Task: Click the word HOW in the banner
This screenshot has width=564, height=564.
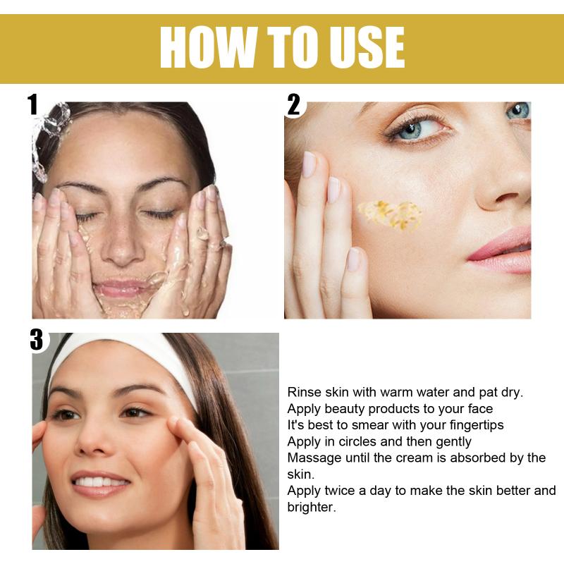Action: pos(209,47)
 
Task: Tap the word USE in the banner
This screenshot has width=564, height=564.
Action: pos(367,47)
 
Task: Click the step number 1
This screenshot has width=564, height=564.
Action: pos(32,104)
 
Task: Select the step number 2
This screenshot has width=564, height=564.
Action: pos(293,104)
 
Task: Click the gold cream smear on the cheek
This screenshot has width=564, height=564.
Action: pos(391,215)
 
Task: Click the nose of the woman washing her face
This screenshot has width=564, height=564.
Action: pos(121,245)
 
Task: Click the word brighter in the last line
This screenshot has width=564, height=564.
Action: pos(312,507)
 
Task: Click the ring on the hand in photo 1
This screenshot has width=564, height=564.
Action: pos(222,244)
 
